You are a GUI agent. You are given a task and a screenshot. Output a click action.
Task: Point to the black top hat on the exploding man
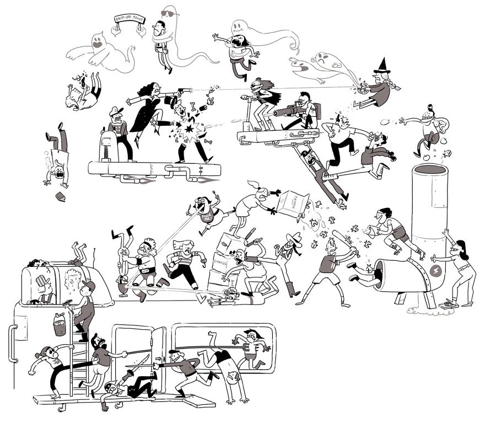170,102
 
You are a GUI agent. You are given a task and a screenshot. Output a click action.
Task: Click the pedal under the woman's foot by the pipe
449,303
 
